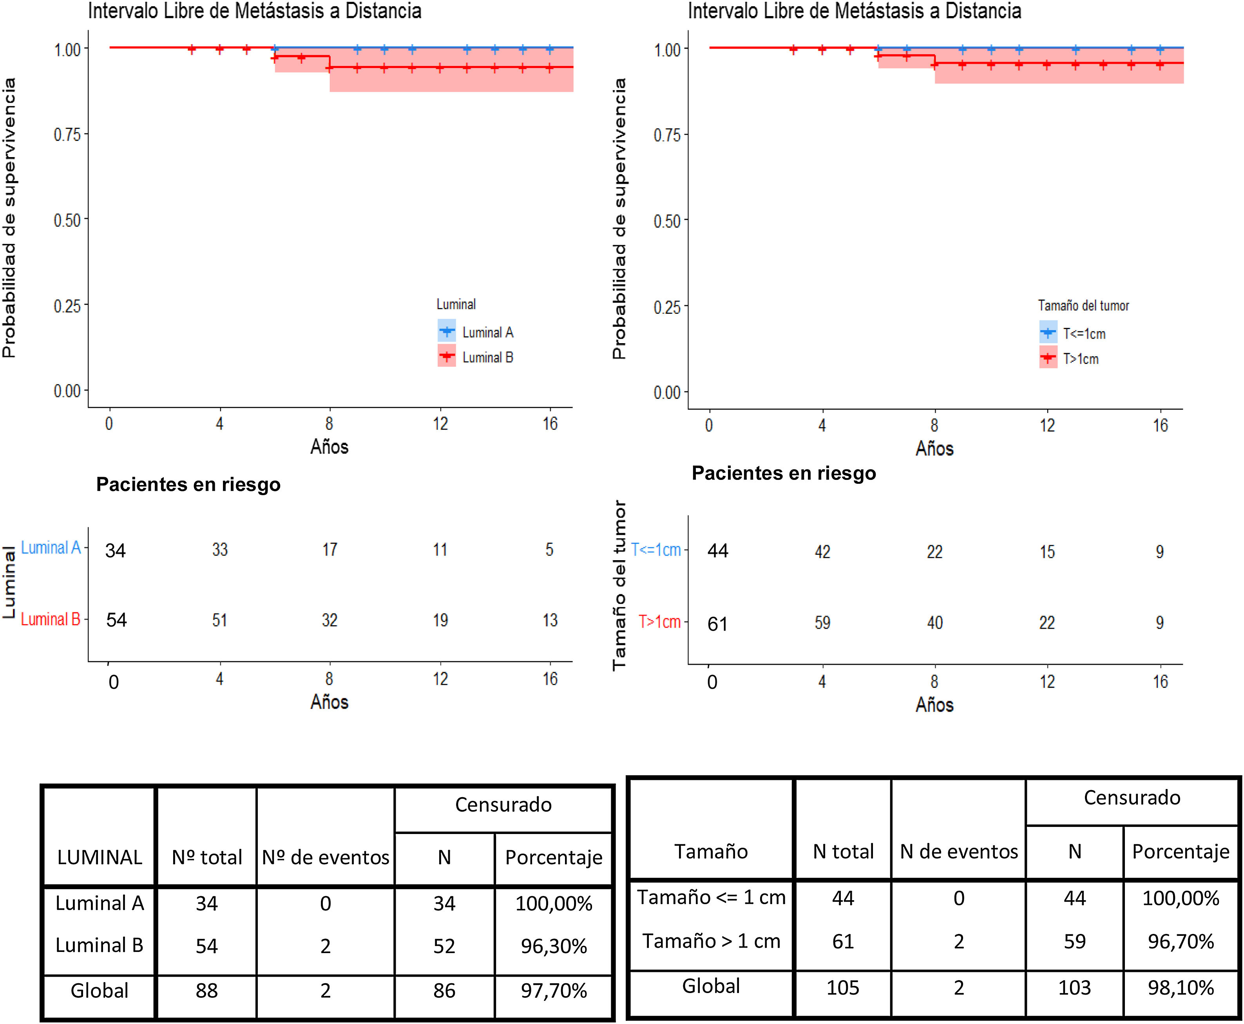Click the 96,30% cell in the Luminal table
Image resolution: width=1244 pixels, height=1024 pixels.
(x=553, y=946)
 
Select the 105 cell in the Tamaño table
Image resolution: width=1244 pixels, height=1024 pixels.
(x=842, y=988)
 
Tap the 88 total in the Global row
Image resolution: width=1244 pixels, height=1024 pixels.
(x=206, y=990)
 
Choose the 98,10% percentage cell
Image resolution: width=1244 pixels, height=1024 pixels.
(x=1180, y=988)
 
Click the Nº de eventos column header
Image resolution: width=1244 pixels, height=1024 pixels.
(x=326, y=857)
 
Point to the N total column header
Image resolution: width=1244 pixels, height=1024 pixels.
(x=843, y=851)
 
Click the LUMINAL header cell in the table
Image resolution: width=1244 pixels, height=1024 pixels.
(x=100, y=857)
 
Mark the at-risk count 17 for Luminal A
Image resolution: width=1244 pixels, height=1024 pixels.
(x=330, y=550)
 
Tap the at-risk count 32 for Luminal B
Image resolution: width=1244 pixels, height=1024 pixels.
(x=330, y=620)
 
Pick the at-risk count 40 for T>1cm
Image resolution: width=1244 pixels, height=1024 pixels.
(x=934, y=622)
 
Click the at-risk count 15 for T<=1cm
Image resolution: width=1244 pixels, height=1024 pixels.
(x=1047, y=552)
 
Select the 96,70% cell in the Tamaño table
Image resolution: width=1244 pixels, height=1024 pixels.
(x=1180, y=941)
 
